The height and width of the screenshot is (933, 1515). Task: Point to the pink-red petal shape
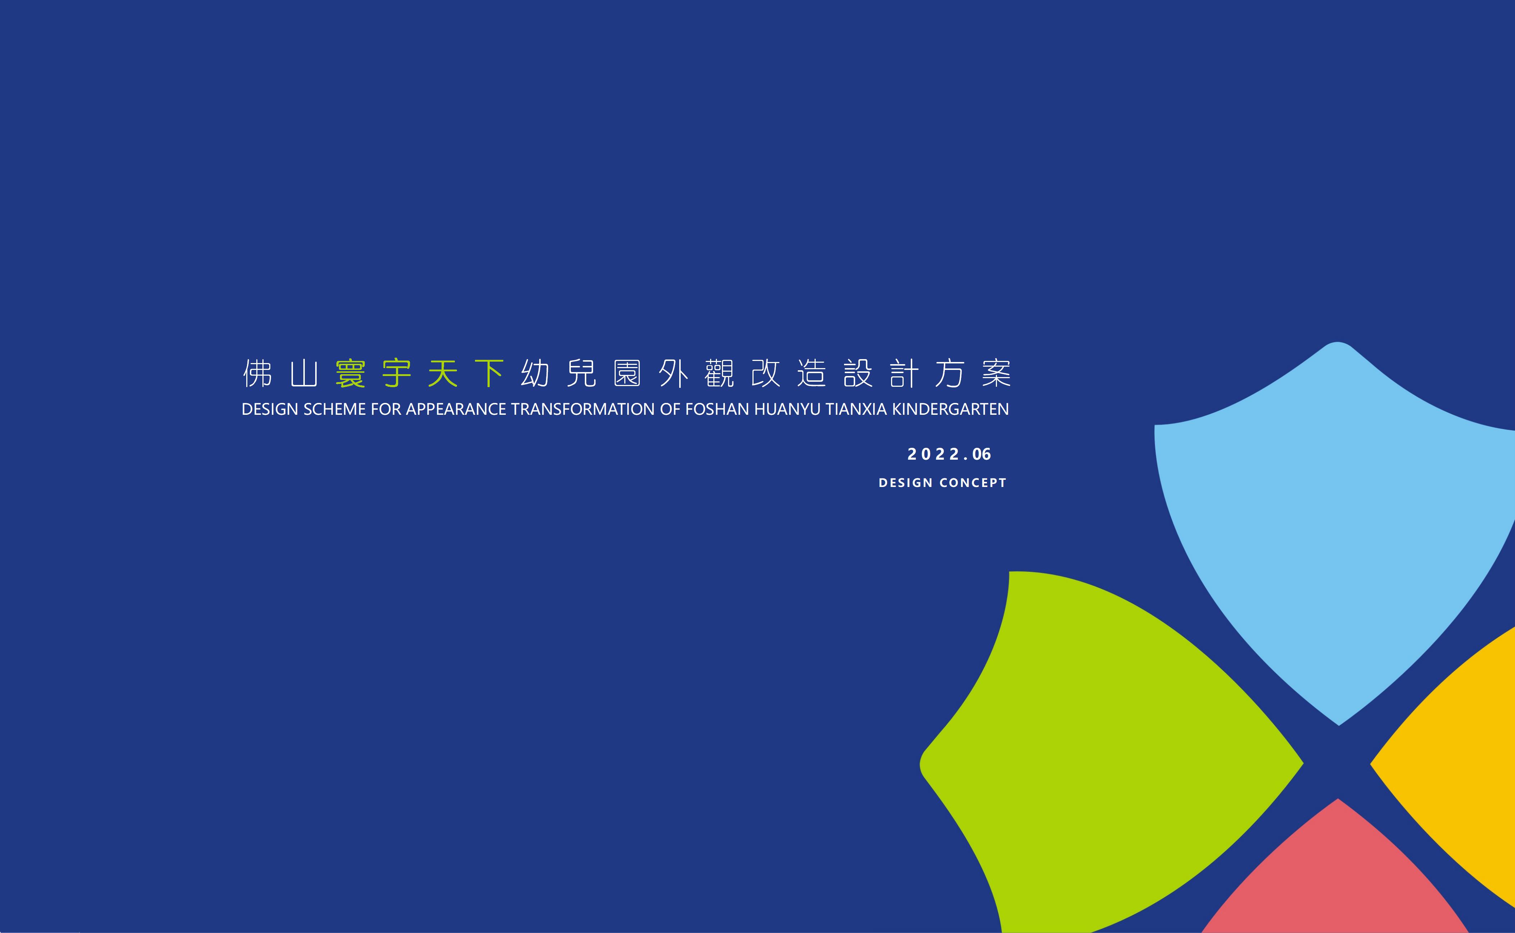(1335, 876)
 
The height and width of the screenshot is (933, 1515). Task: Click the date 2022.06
(949, 454)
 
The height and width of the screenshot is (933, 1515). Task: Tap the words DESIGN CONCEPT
(942, 483)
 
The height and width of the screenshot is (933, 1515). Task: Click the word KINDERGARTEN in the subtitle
(951, 409)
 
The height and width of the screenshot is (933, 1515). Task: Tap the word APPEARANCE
(456, 409)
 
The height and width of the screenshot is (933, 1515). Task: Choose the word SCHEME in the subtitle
(335, 409)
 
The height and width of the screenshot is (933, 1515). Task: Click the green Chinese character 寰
(350, 373)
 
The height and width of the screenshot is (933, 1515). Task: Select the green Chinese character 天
(443, 373)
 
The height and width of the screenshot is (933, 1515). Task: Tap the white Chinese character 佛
(258, 373)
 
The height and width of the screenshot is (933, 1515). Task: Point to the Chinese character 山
(304, 373)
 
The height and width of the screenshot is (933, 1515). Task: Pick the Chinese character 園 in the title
(627, 373)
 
